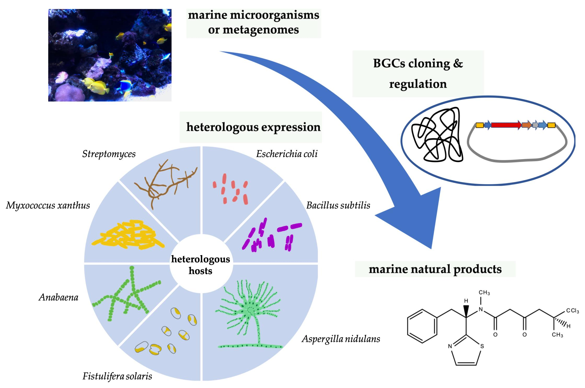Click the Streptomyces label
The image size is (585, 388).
tap(109, 154)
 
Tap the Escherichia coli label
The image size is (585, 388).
tap(287, 154)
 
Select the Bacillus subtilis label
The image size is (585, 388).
tap(338, 205)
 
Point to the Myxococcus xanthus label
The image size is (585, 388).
tap(48, 205)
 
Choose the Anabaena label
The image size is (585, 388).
tap(59, 297)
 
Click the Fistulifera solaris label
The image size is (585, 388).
tap(117, 376)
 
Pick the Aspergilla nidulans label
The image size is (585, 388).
tap(341, 339)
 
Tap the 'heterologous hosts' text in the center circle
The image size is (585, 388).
tap(200, 265)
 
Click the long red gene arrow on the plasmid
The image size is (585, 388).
tap(506, 125)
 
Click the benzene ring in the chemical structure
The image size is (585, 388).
tap(422, 326)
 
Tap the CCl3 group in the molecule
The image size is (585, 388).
tap(572, 311)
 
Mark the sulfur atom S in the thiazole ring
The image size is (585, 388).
tap(482, 346)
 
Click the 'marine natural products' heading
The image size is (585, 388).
tap(435, 269)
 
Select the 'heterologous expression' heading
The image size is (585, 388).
tap(253, 127)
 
